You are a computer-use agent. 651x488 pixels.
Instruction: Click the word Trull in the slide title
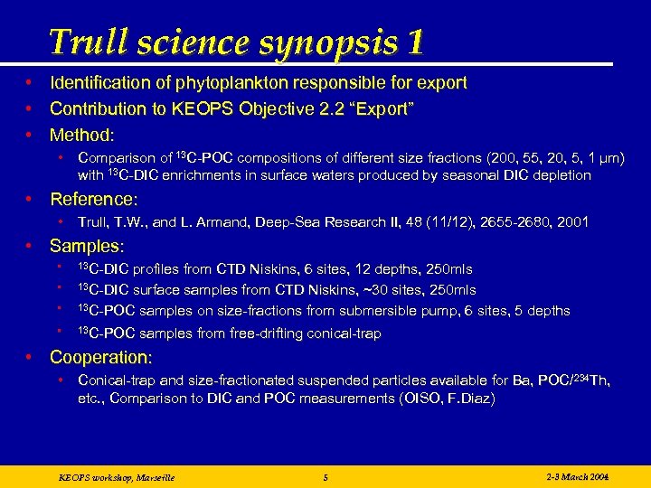[x=82, y=42]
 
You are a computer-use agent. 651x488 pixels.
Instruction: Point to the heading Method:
[x=82, y=136]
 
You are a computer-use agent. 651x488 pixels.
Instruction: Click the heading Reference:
[x=92, y=199]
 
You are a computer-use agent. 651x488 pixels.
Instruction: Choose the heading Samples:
[x=87, y=246]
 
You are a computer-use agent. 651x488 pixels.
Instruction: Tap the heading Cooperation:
[x=101, y=357]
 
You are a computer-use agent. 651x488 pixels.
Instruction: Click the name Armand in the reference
[x=205, y=221]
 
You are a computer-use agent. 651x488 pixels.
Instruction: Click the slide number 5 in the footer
[x=325, y=476]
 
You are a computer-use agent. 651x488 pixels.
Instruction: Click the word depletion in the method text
[x=560, y=175]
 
